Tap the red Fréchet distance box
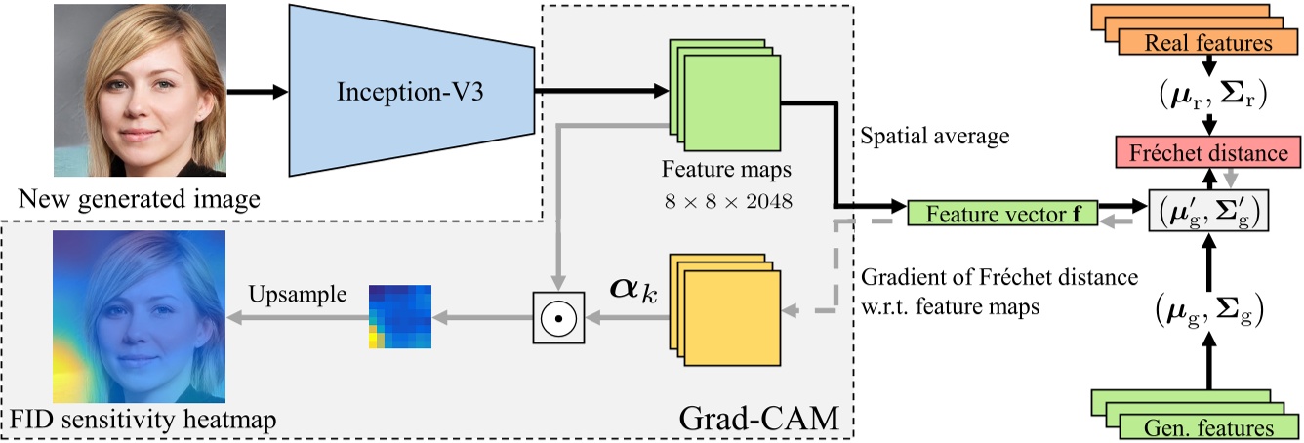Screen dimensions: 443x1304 (1210, 154)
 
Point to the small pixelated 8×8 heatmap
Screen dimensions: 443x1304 (400, 316)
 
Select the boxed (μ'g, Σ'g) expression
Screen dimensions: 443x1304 (1210, 210)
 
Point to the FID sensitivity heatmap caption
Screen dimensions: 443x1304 (143, 421)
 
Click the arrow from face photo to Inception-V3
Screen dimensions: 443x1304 (260, 92)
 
